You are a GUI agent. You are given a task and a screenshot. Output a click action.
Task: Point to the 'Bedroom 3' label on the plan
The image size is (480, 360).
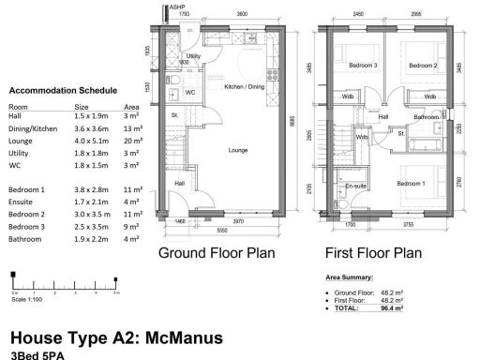coord(363,66)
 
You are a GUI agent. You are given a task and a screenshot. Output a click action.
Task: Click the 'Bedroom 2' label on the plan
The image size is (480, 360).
coord(423,66)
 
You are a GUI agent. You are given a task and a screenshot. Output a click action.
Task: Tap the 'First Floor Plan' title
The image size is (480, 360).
coord(372,253)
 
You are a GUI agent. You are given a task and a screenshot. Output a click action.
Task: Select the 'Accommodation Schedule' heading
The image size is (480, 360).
coord(62,91)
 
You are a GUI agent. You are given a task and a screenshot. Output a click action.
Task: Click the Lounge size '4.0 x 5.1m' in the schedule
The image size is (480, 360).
coord(87,140)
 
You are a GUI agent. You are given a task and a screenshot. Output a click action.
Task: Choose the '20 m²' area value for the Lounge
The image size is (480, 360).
coord(132,140)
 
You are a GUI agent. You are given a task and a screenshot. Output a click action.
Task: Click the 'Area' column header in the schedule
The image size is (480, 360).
coord(131,107)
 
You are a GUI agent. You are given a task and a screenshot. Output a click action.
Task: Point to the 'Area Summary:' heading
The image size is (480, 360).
coord(349,278)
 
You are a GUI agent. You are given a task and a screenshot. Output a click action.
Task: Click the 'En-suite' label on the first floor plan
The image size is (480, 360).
coord(355,187)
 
